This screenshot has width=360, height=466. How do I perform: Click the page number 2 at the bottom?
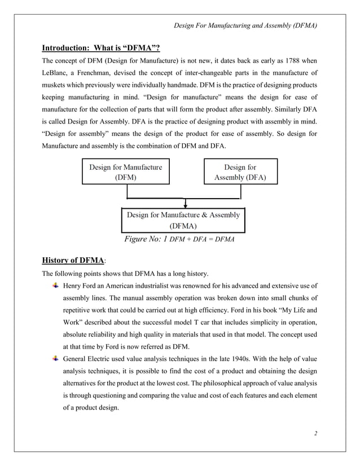[x=316, y=434]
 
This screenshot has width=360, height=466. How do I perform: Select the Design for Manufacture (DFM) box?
[x=125, y=172]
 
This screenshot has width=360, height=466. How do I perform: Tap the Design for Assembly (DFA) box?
[x=240, y=172]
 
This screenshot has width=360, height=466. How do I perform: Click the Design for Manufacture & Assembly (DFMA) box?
[x=183, y=219]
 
